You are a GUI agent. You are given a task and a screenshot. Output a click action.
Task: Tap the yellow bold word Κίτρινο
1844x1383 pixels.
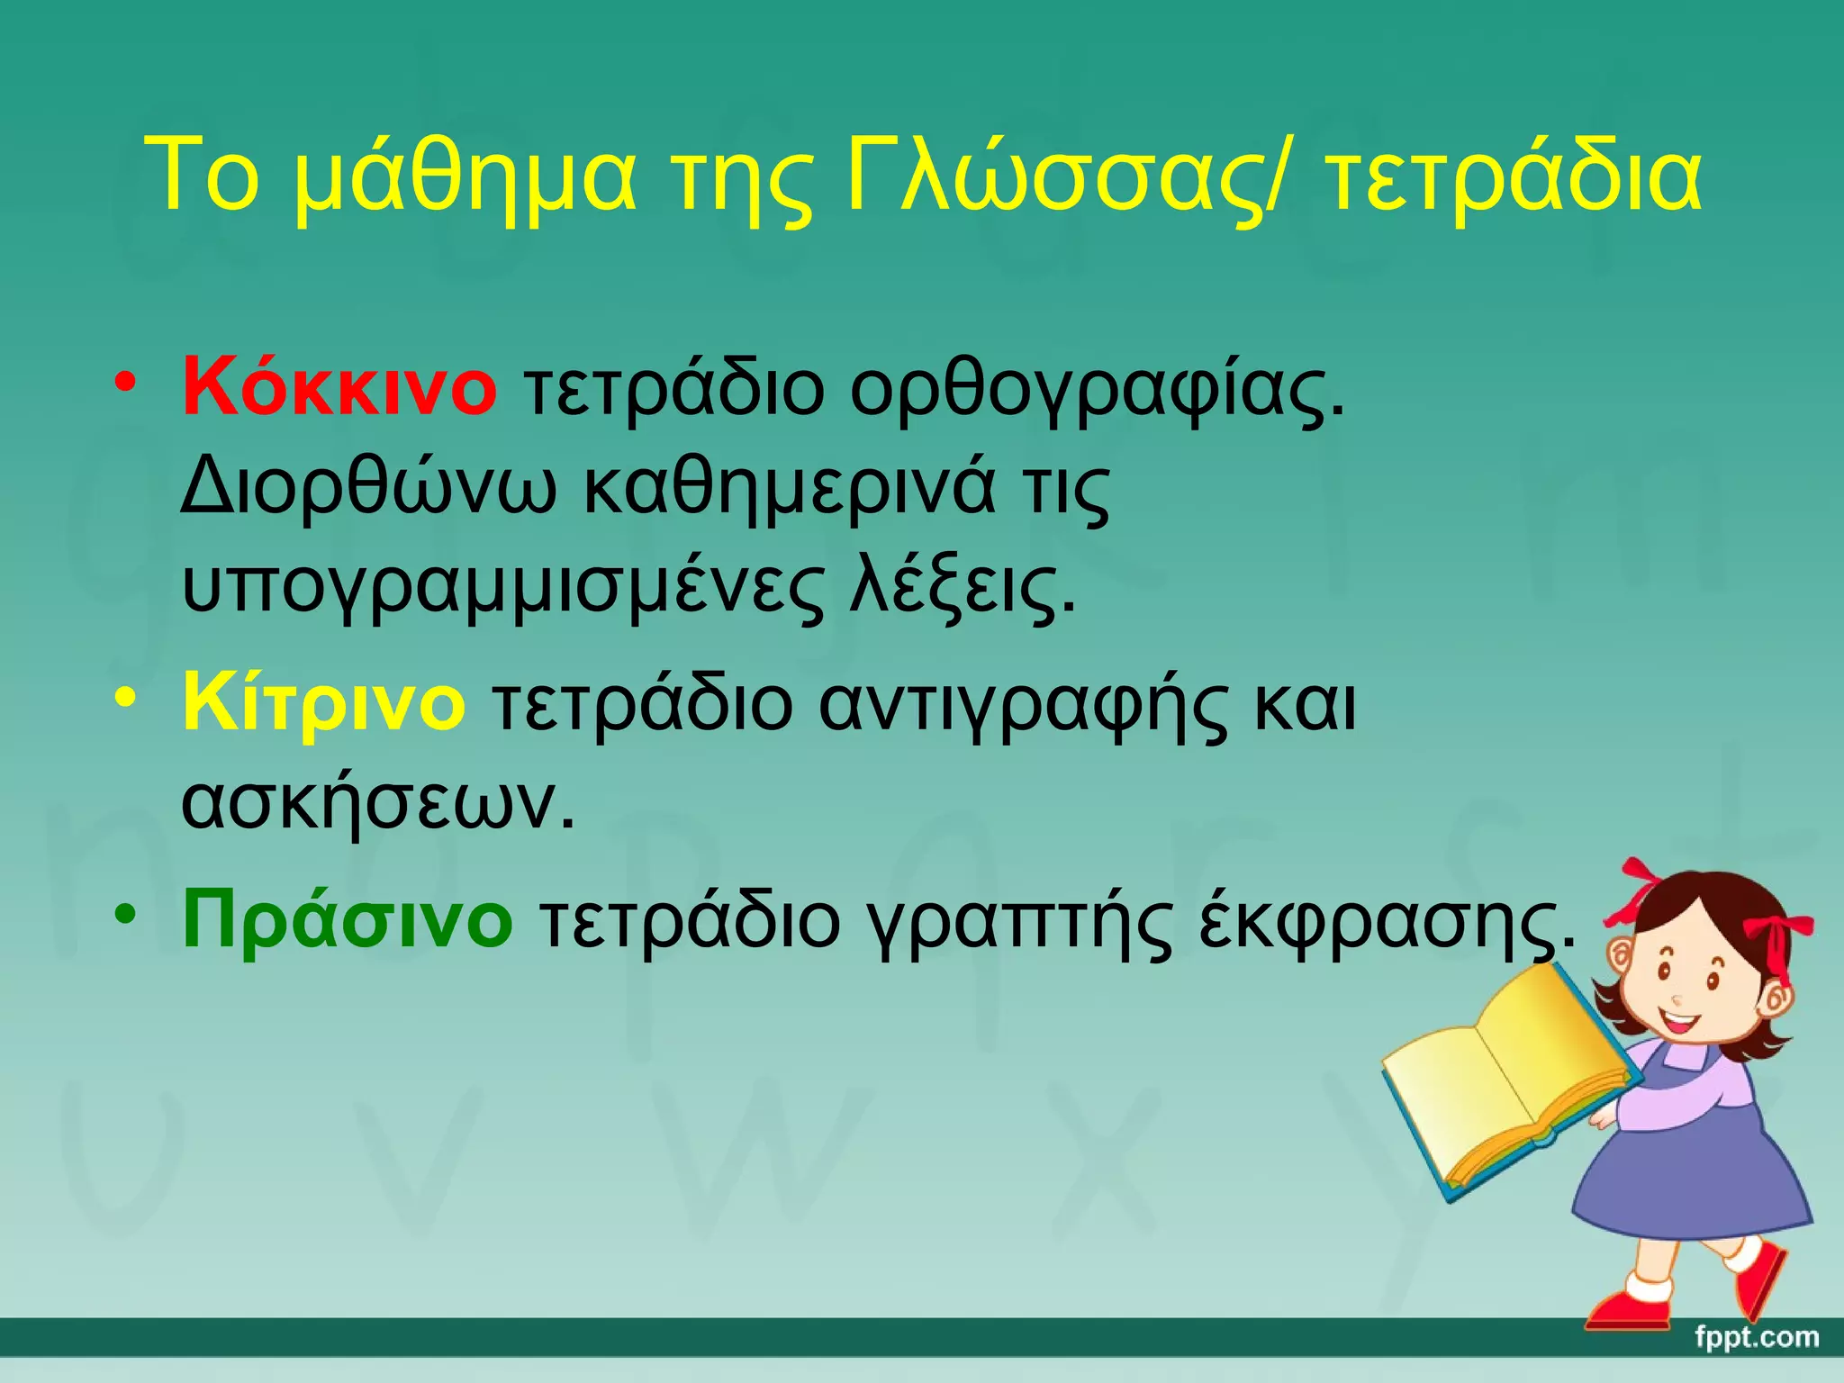324,703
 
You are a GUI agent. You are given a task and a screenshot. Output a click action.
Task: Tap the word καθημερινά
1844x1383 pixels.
791,488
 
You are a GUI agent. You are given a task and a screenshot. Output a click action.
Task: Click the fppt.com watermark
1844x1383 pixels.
1756,1337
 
